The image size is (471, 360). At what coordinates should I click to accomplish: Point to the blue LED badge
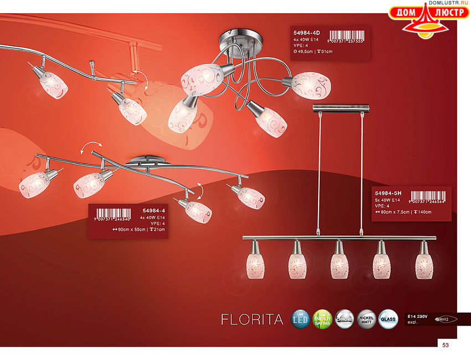(300, 320)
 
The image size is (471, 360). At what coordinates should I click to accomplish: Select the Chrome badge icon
(345, 320)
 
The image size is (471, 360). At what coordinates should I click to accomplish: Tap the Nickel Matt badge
(367, 320)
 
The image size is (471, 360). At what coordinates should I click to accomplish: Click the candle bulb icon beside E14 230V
(448, 319)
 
